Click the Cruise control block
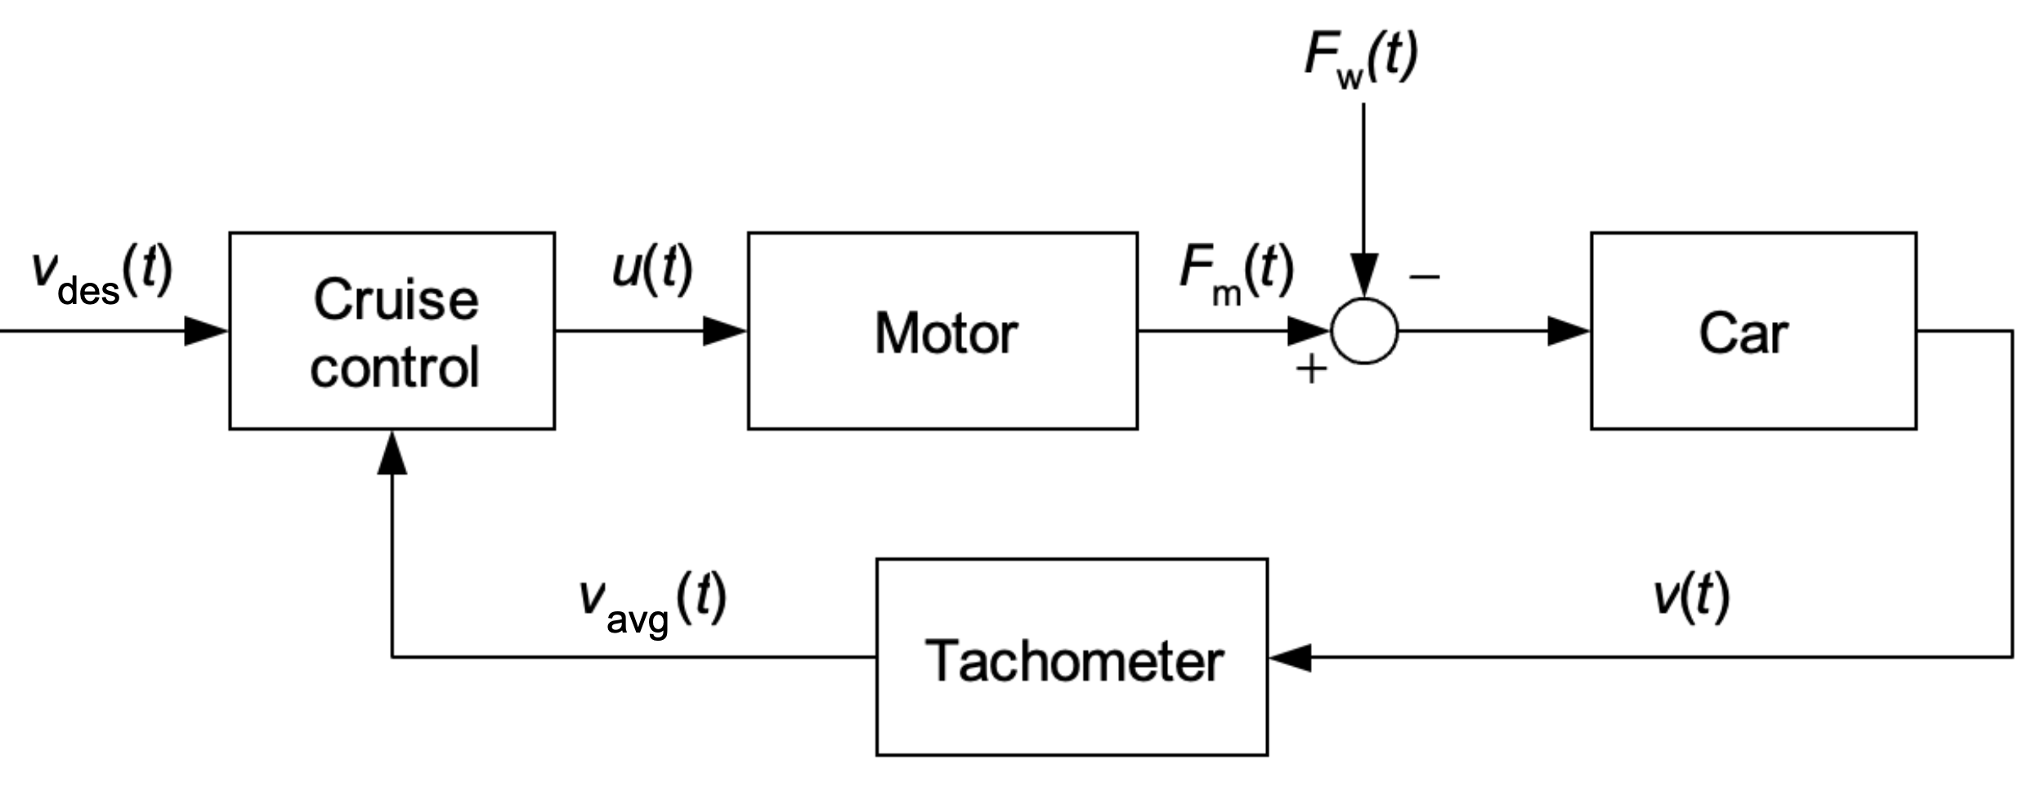click(392, 331)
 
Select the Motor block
click(942, 331)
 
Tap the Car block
click(1753, 331)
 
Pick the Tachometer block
click(1072, 657)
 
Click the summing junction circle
click(1364, 331)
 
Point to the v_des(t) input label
click(101, 276)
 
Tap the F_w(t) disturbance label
click(1361, 57)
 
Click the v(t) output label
click(1691, 596)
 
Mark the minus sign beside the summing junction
click(1424, 276)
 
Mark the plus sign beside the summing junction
click(1311, 369)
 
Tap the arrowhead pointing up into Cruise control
click(392, 454)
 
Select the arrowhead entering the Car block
click(1568, 331)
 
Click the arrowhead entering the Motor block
click(724, 331)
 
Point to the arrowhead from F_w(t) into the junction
click(1364, 275)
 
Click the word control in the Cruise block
click(394, 367)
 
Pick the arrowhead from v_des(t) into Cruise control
click(205, 331)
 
